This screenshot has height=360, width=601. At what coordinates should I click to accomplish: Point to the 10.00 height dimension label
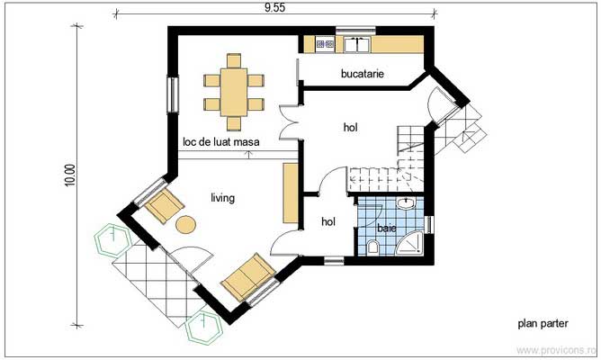[71, 175]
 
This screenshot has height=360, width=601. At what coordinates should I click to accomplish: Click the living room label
[223, 197]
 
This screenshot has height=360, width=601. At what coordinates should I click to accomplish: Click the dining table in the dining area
[234, 88]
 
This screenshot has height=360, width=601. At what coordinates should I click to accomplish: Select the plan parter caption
[543, 321]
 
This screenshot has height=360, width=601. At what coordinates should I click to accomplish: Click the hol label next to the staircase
[351, 128]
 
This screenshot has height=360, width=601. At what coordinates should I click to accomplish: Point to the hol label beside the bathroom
[328, 220]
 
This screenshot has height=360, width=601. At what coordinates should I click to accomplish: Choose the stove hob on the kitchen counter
[325, 43]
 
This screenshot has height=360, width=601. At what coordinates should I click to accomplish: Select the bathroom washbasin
[408, 204]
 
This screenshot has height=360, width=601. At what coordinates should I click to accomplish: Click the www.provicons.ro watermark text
[559, 348]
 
